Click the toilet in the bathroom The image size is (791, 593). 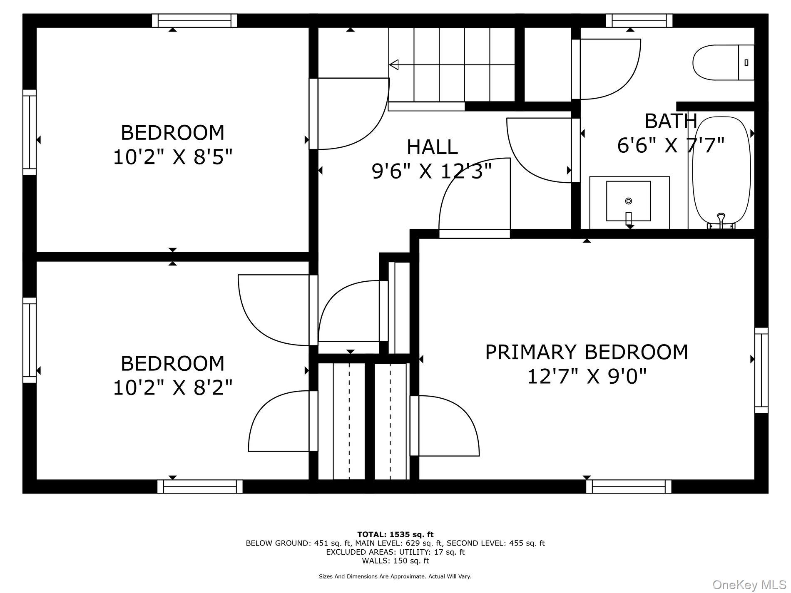click(722, 63)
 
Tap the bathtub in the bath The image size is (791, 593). click(721, 171)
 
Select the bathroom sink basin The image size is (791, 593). click(628, 201)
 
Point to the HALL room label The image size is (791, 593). click(432, 147)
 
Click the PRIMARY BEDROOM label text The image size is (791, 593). click(586, 352)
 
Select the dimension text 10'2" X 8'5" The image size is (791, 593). click(172, 157)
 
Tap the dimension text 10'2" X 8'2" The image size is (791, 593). click(172, 388)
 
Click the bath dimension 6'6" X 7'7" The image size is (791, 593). click(671, 145)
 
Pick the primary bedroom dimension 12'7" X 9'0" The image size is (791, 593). click(586, 377)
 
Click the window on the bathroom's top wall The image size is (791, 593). click(639, 20)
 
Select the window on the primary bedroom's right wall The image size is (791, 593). click(761, 370)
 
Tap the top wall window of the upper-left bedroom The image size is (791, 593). click(194, 20)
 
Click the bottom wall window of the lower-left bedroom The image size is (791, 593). click(200, 486)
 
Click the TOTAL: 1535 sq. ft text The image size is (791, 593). click(395, 534)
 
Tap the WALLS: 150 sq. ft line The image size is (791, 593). click(395, 561)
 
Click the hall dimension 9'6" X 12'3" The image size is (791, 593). click(432, 171)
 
